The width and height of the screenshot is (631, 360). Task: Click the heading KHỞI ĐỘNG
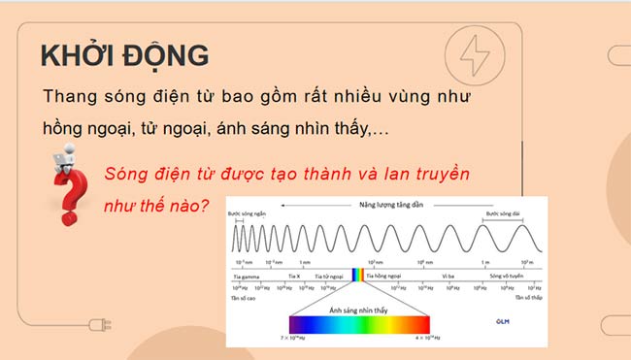124,55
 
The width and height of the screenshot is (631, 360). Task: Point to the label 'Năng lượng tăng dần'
389,205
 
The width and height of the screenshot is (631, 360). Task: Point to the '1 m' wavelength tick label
484,263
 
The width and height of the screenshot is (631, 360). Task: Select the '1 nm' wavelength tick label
305,263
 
